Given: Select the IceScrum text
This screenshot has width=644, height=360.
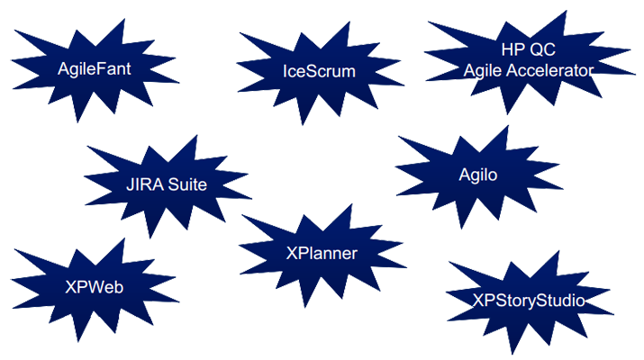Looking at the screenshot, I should [x=319, y=71].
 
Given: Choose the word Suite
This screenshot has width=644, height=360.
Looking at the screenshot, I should [x=188, y=185].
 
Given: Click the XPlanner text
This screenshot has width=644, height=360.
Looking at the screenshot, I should [x=322, y=254].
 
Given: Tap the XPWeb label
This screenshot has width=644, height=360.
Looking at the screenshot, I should [x=95, y=287].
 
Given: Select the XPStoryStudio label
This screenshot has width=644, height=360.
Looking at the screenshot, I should [x=529, y=299].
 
